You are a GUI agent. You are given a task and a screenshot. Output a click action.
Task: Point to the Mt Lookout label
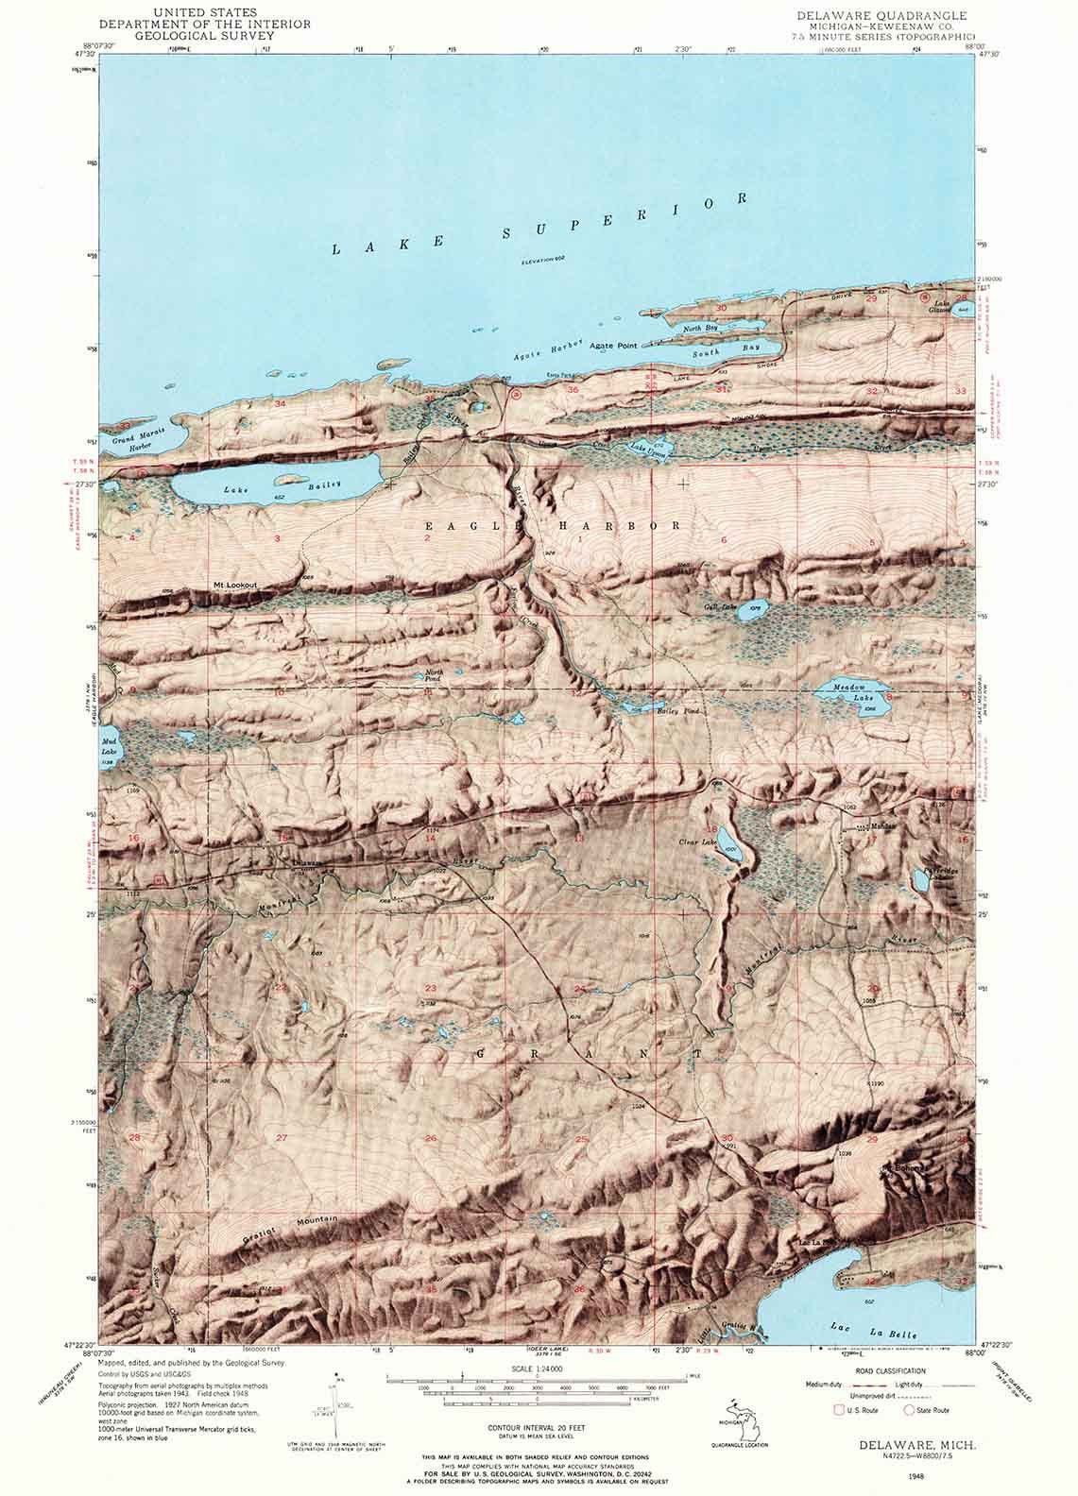point(235,586)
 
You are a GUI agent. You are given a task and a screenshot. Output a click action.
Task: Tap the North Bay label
point(700,327)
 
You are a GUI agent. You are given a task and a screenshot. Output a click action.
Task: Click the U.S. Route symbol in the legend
point(836,1410)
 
